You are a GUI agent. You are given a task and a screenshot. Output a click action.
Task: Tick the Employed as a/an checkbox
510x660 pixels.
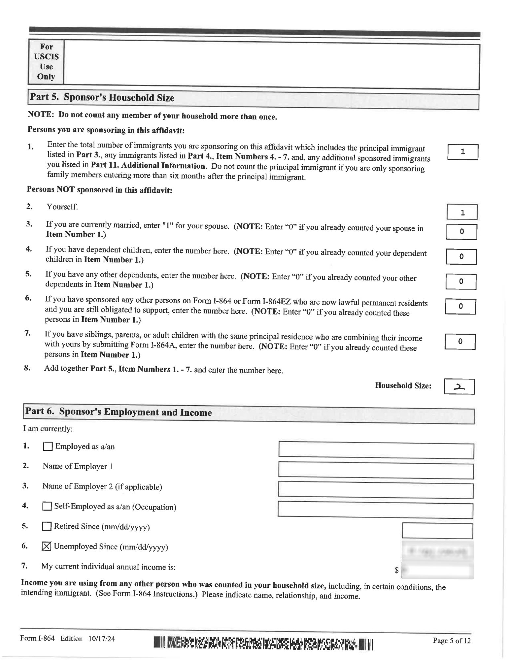click(x=48, y=446)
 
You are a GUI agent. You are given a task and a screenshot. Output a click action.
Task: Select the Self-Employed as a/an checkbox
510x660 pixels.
click(x=47, y=506)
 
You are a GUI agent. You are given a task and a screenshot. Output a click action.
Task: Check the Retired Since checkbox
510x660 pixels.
click(x=47, y=526)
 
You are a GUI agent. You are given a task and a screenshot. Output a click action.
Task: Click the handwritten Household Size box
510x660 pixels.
click(x=459, y=387)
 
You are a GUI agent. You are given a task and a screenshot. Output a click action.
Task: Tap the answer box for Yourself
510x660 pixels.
click(x=462, y=212)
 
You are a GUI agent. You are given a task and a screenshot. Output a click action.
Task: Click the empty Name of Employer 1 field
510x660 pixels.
click(x=376, y=471)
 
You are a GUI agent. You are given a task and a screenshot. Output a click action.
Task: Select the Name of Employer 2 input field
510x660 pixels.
click(x=375, y=490)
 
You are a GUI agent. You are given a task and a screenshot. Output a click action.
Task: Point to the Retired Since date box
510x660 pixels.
click(x=437, y=531)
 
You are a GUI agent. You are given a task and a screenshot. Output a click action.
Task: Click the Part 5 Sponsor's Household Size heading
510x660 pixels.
click(x=102, y=98)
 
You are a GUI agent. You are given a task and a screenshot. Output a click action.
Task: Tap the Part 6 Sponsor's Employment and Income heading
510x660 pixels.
click(x=119, y=412)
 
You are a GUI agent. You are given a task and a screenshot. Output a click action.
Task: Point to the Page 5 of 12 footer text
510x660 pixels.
click(x=451, y=641)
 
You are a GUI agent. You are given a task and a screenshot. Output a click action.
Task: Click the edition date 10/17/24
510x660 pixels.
click(x=101, y=639)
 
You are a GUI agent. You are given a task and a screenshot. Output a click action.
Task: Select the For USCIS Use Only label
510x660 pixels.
click(x=46, y=62)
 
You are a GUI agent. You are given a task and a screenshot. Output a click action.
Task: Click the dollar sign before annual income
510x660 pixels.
click(x=396, y=570)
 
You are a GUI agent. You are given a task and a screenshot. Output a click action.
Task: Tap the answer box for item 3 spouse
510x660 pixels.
click(x=461, y=232)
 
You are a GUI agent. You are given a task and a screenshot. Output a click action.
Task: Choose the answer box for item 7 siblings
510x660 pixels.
click(x=460, y=342)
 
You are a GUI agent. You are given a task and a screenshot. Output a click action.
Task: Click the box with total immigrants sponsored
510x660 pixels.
click(x=462, y=152)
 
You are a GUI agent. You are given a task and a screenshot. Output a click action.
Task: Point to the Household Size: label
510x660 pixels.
click(x=403, y=385)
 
